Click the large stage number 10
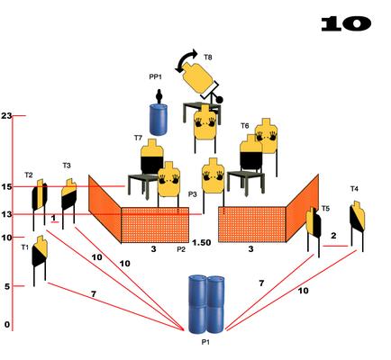[x=346, y=23]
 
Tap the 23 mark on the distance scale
[x=6, y=115]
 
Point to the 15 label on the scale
[x=6, y=186]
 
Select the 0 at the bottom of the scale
[x=7, y=324]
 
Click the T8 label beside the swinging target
[x=208, y=57]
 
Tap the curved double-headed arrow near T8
[x=186, y=60]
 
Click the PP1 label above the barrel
[x=155, y=76]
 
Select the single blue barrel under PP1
[x=159, y=120]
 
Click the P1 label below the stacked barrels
[x=205, y=342]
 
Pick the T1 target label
[x=25, y=247]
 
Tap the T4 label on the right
[x=354, y=189]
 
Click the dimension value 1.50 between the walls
[x=202, y=242]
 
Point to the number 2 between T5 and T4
[x=333, y=236]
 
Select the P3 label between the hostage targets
[x=193, y=194]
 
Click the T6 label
[x=245, y=126]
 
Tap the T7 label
[x=138, y=138]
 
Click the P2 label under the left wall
[x=181, y=249]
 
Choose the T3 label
[x=67, y=166]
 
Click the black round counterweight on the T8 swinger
[x=220, y=99]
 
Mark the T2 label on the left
[x=29, y=175]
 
